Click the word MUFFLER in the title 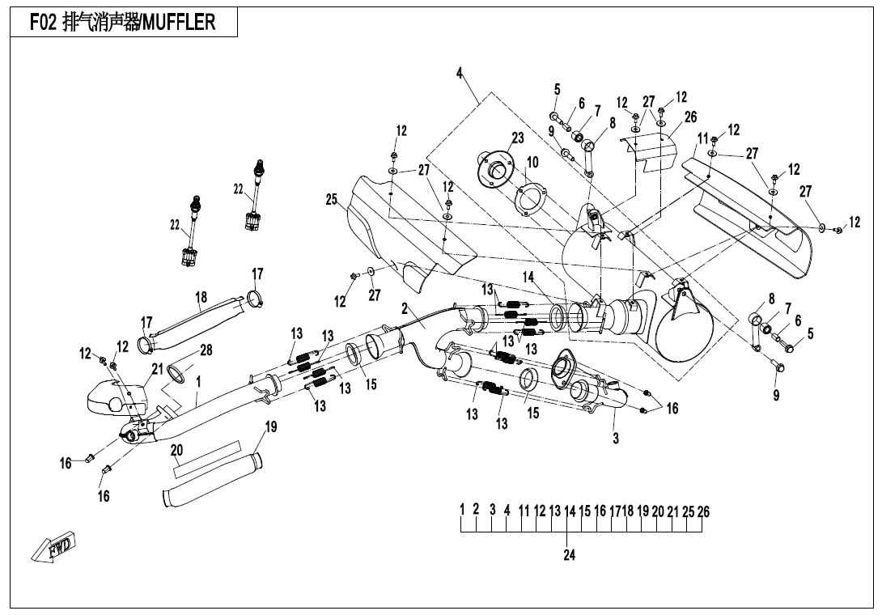(x=179, y=22)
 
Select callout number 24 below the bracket (x=569, y=556)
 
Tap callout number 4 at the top (x=460, y=74)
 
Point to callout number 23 (x=518, y=138)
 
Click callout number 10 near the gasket (x=532, y=163)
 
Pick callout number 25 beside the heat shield (x=332, y=199)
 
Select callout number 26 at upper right (x=690, y=117)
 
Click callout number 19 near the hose (x=272, y=426)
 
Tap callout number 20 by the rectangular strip (x=177, y=450)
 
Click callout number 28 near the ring (x=206, y=350)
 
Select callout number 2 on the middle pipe (x=405, y=308)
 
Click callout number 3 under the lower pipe (x=616, y=438)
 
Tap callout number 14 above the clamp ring (x=528, y=277)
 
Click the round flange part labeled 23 (x=494, y=168)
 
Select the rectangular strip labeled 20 (x=206, y=457)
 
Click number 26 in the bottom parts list (x=704, y=511)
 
